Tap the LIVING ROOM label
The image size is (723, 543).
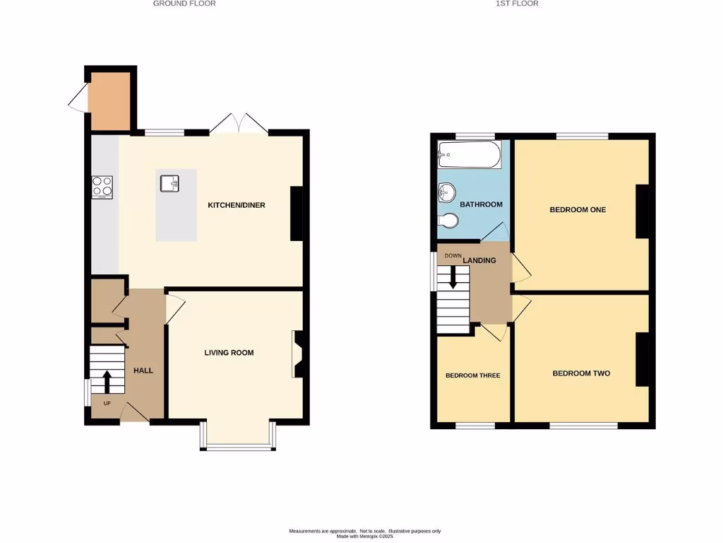(x=229, y=352)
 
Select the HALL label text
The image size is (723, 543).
(x=143, y=370)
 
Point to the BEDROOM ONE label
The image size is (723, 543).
(x=578, y=209)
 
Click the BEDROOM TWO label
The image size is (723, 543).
(x=580, y=373)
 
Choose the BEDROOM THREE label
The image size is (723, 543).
(x=472, y=375)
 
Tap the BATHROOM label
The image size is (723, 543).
(x=481, y=204)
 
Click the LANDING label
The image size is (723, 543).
(x=479, y=260)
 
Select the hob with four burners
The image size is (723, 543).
(x=102, y=187)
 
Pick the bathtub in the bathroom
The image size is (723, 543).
(x=469, y=154)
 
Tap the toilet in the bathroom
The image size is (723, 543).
(x=448, y=221)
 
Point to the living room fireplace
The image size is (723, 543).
(x=297, y=354)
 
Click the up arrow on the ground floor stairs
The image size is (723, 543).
(x=107, y=382)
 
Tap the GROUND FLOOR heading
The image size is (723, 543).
(x=184, y=4)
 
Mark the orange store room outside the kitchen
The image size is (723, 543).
(x=109, y=101)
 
